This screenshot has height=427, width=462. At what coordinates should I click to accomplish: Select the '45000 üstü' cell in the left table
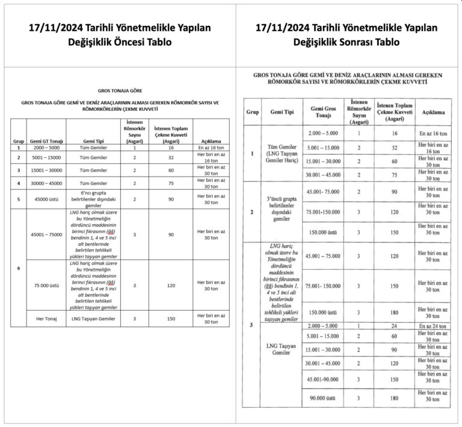point(46,198)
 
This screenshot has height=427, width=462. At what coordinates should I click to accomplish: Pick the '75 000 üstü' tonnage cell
point(46,285)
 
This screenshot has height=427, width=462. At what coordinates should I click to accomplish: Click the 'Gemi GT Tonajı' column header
point(46,142)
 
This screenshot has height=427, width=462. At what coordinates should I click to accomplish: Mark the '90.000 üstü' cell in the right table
point(322,397)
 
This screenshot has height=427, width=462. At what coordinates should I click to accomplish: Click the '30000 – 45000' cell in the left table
point(46,183)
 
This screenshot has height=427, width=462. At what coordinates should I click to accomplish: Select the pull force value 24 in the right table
point(395,326)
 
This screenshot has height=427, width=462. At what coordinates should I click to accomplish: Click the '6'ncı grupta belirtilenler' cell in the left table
point(93,198)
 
